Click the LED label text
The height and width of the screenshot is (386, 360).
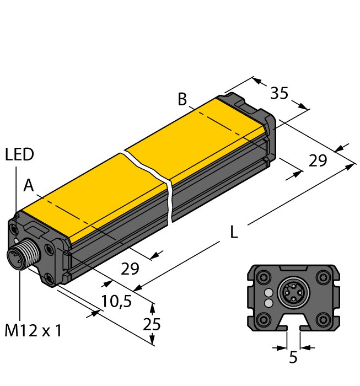point(19,155)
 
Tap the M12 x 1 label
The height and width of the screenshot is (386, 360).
point(33,331)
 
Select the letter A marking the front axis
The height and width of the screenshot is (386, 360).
point(29,187)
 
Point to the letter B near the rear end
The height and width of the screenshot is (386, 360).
point(182,100)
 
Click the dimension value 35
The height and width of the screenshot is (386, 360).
point(279,94)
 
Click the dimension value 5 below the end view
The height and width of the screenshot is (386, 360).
point(293,358)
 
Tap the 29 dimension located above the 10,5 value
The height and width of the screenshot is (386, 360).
point(130,269)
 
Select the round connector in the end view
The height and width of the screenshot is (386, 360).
point(293,293)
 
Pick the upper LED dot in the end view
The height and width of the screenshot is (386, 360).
point(268,292)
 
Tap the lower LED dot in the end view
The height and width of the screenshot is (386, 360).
point(268,303)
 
